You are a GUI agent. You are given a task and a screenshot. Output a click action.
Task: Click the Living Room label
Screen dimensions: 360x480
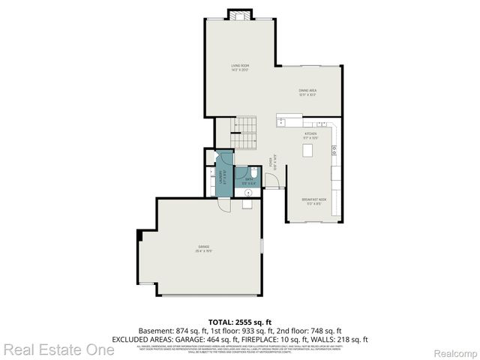pos(239,68)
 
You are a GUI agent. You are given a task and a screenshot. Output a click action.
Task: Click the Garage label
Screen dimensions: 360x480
pos(202,249)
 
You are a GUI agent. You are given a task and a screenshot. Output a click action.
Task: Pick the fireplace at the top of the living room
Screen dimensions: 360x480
pos(239,16)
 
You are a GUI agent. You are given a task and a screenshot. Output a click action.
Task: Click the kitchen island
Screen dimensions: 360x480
pos(307,150)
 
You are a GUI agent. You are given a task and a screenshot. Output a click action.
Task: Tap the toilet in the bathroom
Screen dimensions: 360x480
pos(253,174)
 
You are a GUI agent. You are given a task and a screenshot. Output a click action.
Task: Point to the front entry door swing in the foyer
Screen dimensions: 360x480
pos(271,181)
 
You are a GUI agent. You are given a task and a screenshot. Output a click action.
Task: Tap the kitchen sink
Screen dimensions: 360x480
pos(280,121)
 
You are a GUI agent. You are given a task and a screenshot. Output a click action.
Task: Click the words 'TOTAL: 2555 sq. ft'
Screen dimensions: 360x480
pos(239,322)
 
